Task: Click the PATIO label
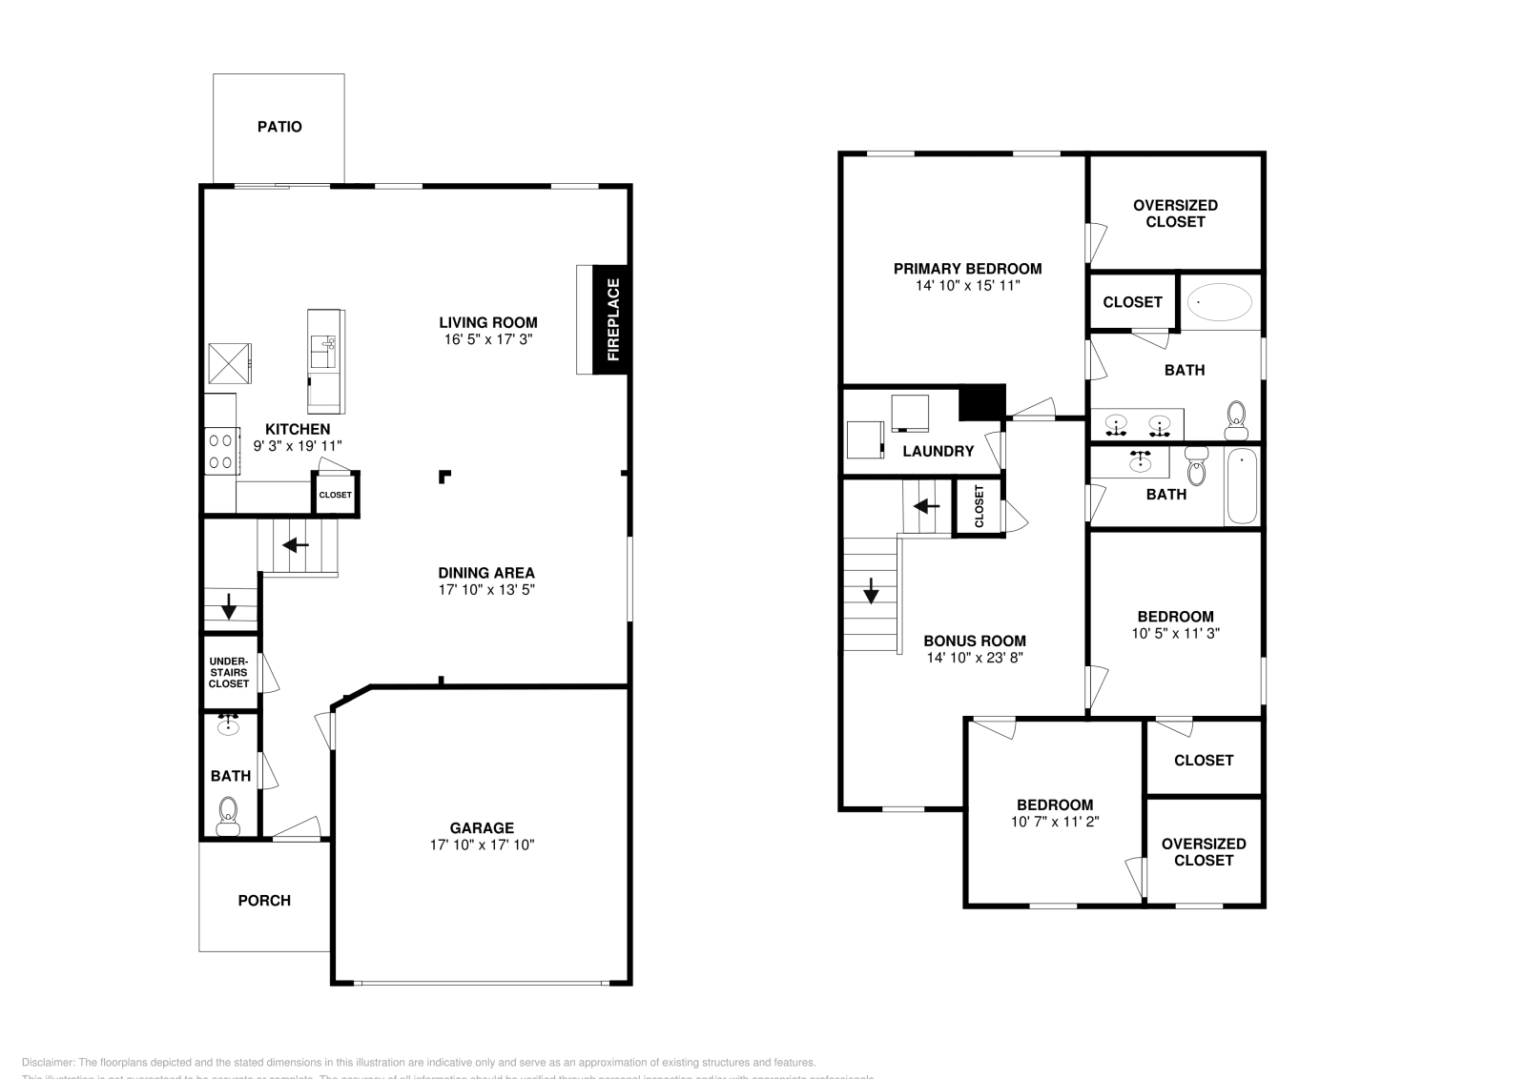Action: coord(279,127)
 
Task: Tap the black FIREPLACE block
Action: coord(611,319)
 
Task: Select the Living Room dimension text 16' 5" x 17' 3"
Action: coord(487,339)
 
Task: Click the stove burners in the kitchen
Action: coord(221,451)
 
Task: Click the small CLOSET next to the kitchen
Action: coord(335,495)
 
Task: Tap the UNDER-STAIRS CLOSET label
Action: coord(229,672)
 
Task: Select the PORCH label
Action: coord(264,901)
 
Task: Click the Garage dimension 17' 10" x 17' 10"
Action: coord(482,845)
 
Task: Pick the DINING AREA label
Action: coord(486,573)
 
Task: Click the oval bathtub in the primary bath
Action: coord(1220,302)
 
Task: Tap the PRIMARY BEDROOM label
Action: coord(967,269)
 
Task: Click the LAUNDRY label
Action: coord(938,452)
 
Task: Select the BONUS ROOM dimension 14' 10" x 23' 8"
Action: coord(974,658)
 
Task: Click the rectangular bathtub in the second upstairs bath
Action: coord(1241,488)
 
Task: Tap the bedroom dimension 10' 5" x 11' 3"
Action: coord(1175,633)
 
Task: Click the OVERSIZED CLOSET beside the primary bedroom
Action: coord(1175,214)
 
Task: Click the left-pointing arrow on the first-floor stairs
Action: coord(296,545)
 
